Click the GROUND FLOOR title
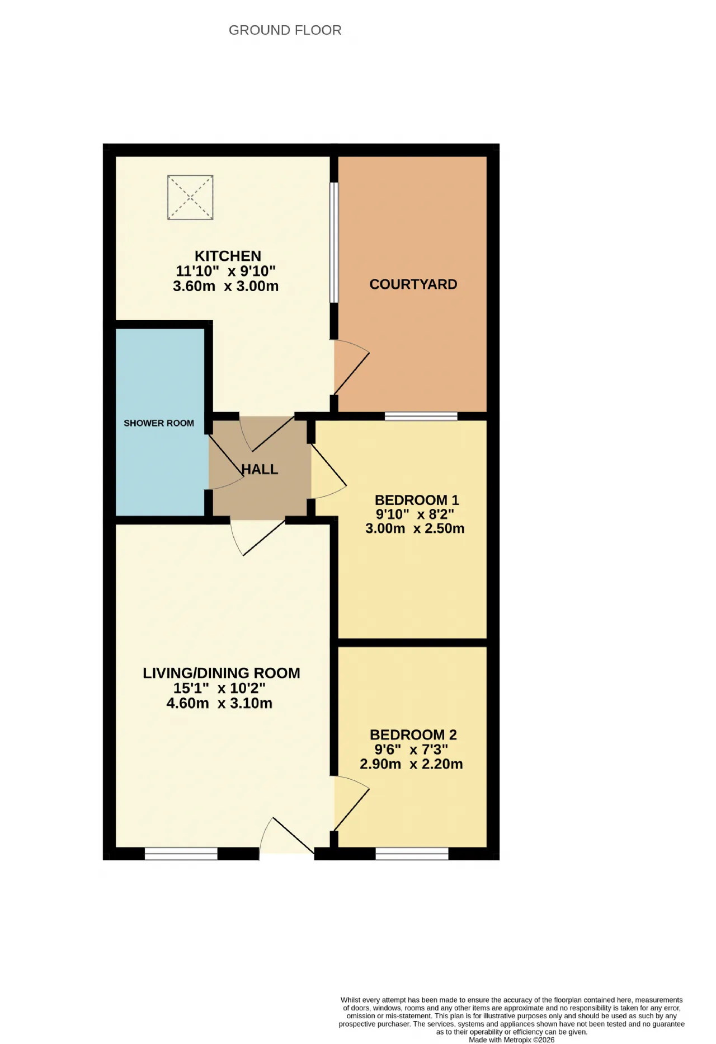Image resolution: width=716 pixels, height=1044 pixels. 285,30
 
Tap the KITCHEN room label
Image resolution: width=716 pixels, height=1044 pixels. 228,256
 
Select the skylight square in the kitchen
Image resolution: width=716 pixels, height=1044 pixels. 190,198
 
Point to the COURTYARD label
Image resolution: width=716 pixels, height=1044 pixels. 413,284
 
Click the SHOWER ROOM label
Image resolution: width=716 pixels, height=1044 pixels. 159,423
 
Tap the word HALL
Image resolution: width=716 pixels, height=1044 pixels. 260,469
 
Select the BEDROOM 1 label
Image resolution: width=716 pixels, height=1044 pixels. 417,500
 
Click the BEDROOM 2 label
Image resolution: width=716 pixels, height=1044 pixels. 413,734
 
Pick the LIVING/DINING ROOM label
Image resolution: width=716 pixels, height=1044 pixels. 222,673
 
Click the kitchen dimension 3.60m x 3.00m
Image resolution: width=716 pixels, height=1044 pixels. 226,286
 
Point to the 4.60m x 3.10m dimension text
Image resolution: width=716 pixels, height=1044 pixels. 219,703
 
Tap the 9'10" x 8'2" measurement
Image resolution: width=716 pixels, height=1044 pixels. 414,514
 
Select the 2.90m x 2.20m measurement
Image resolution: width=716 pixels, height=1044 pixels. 411,764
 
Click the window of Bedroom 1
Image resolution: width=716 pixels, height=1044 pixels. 421,416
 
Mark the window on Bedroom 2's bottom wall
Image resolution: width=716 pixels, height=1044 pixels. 412,854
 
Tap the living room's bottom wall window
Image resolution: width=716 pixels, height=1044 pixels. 181,854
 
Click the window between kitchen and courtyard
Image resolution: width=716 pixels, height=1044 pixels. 334,242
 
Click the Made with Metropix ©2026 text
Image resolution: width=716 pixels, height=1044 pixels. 512,1040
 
